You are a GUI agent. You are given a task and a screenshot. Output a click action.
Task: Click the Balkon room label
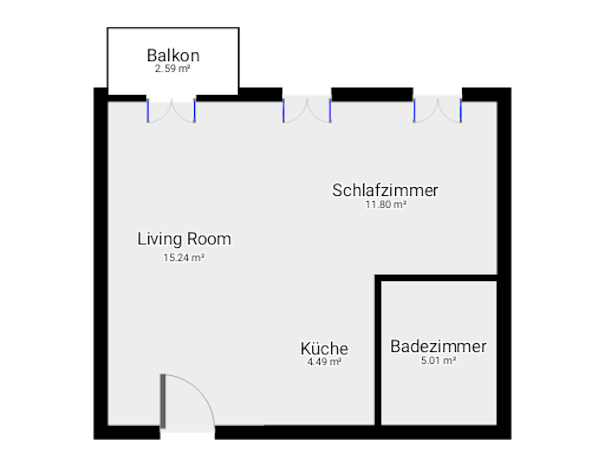[x=173, y=55]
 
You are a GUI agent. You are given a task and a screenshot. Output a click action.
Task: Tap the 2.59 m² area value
[x=173, y=69]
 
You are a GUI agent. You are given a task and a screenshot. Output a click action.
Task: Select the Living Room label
[x=184, y=239]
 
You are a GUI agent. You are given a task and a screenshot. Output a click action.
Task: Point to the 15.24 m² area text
[x=184, y=257]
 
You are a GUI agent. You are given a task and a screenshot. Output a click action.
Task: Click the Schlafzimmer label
[x=385, y=190]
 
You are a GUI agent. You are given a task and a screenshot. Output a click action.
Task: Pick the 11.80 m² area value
[x=386, y=204]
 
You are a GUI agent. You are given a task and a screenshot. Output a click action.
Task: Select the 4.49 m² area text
[x=324, y=361]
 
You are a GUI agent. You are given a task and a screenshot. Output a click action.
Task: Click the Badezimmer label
[x=438, y=346]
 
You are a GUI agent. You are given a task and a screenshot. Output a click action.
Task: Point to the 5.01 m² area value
[x=438, y=360]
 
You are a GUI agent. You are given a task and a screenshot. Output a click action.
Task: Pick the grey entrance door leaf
[x=163, y=401]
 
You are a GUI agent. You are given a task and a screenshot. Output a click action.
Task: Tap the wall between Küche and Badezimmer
[x=378, y=350]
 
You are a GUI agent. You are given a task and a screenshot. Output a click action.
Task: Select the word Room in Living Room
[x=209, y=239]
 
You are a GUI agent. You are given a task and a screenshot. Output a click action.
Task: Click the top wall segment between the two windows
[x=372, y=94]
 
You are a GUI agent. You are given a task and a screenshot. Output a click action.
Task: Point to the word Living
[x=159, y=239]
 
